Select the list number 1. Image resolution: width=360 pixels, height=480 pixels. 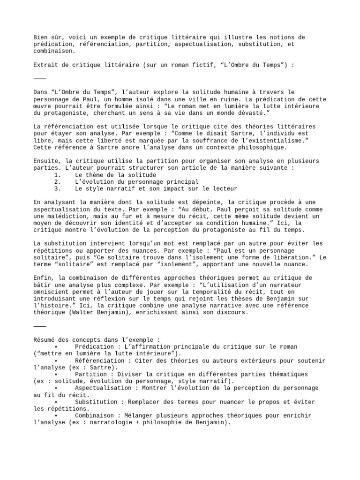[58, 175]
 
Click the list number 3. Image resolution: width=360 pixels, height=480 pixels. [58, 188]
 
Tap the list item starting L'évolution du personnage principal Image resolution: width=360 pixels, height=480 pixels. [136, 182]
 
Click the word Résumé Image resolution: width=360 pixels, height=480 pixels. [45, 339]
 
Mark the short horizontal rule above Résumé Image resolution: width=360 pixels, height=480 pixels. [40, 326]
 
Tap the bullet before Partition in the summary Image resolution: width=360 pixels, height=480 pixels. [56, 374]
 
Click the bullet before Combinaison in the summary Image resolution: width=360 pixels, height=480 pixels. [56, 415]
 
